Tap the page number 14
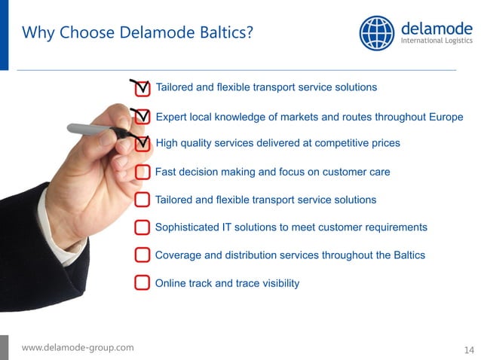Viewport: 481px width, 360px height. (x=469, y=349)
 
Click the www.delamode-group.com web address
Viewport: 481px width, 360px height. (x=78, y=347)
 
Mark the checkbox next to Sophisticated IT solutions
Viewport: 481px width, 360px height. (x=142, y=227)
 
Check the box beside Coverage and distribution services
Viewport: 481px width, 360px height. (x=142, y=255)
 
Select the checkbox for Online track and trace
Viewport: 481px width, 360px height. (x=142, y=283)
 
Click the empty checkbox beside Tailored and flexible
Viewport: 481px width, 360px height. (x=142, y=200)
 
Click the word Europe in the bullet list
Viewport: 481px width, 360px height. (x=446, y=117)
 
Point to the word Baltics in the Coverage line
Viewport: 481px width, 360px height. (x=408, y=255)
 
